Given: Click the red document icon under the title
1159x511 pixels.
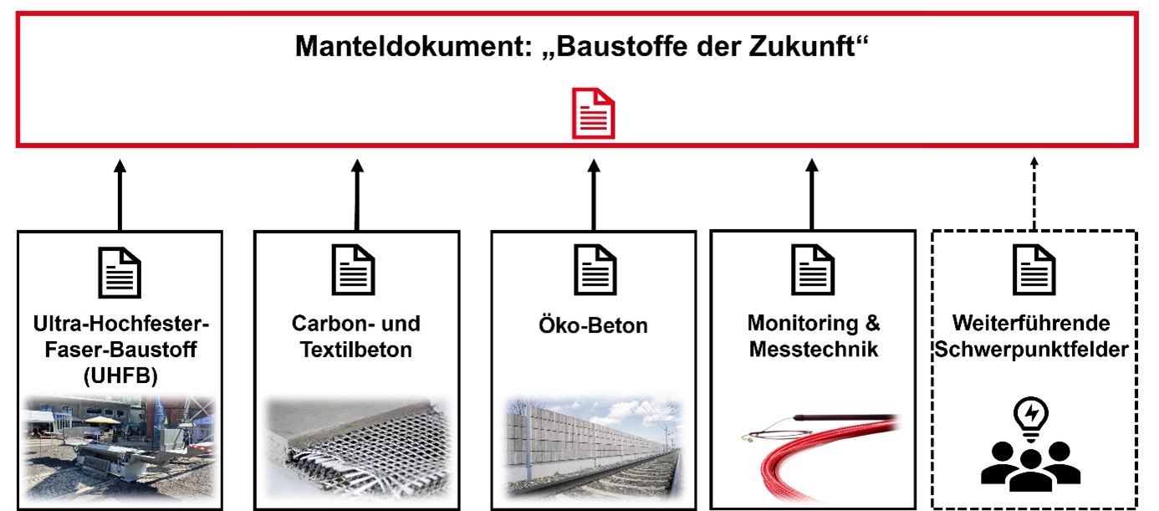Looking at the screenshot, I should (593, 115).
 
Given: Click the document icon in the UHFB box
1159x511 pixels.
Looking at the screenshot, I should (120, 272).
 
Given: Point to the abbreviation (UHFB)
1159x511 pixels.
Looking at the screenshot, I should (120, 376).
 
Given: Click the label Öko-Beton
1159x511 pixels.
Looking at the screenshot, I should (594, 325).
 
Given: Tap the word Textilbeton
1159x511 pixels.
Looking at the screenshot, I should (356, 350).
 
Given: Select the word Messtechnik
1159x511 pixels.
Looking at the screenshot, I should (814, 350).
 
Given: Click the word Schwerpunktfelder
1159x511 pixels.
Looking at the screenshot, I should (1034, 350).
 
